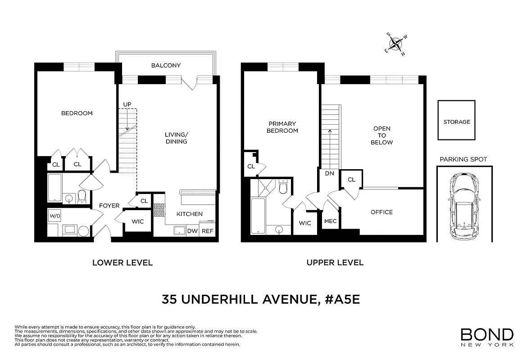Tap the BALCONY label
click(x=166, y=65)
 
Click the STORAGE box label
click(x=456, y=122)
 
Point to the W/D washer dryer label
click(x=54, y=216)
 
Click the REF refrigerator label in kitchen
click(x=207, y=231)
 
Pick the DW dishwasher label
click(x=192, y=231)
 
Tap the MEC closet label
click(x=330, y=221)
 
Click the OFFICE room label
click(x=381, y=212)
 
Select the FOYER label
click(x=109, y=206)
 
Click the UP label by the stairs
click(x=127, y=104)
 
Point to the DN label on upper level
click(x=329, y=173)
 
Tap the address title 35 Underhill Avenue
click(x=261, y=300)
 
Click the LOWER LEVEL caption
click(x=123, y=262)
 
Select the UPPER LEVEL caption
click(x=335, y=262)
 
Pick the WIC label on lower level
click(x=137, y=221)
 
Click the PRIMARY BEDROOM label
click(x=282, y=127)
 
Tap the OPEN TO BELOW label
click(x=382, y=135)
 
